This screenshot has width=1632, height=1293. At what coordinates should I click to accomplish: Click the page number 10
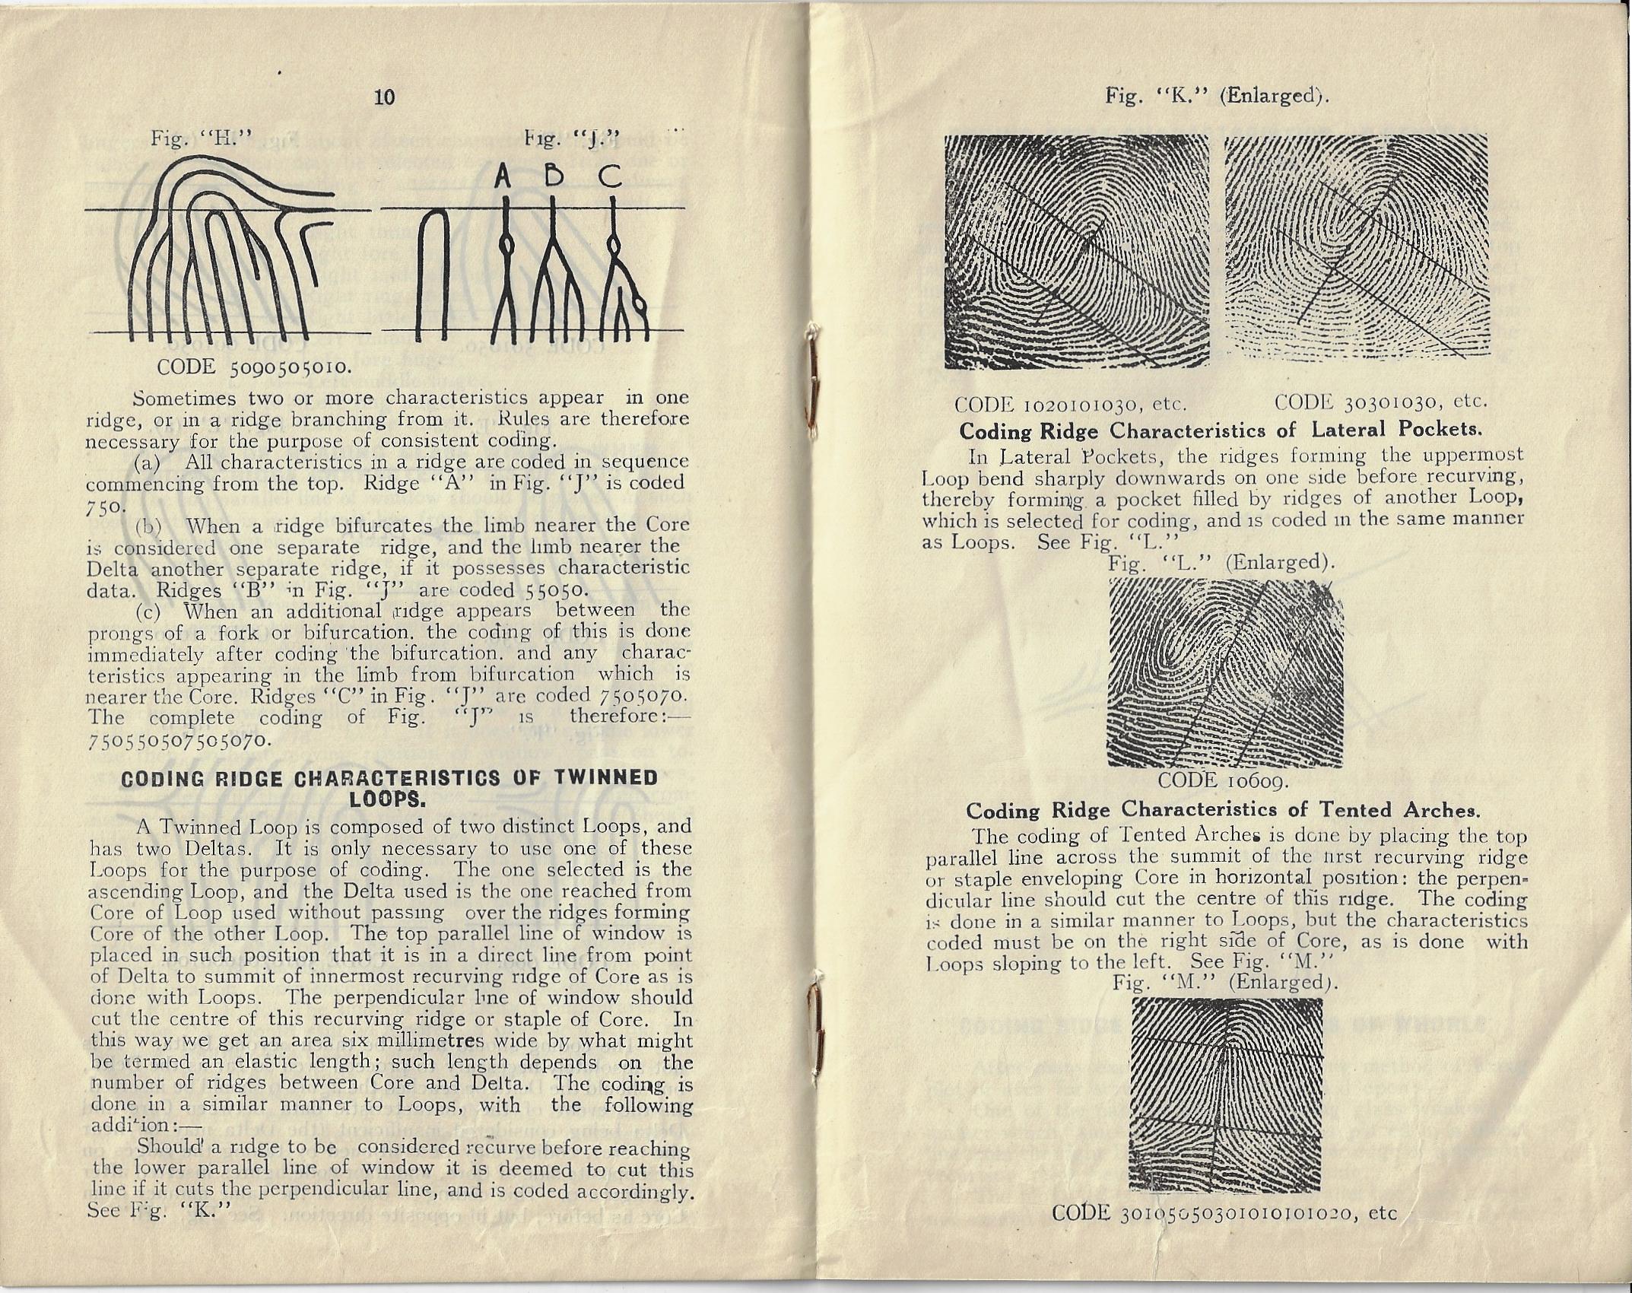(x=386, y=97)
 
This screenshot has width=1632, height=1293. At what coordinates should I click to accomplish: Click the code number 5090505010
(x=292, y=367)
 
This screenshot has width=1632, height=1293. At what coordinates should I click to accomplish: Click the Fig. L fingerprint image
(x=1225, y=672)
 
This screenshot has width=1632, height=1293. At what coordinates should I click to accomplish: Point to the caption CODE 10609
(x=1221, y=781)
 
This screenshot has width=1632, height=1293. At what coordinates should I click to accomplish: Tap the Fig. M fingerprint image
(x=1227, y=1104)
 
